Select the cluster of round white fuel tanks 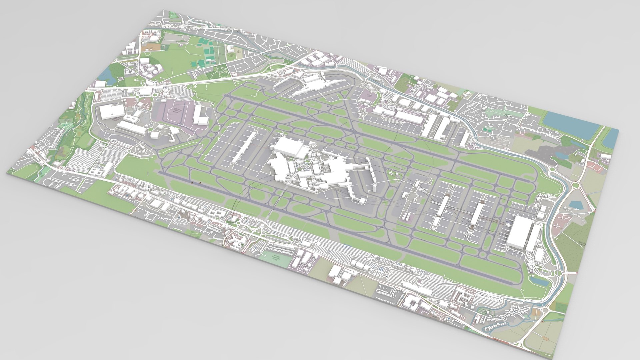point(406,217)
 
